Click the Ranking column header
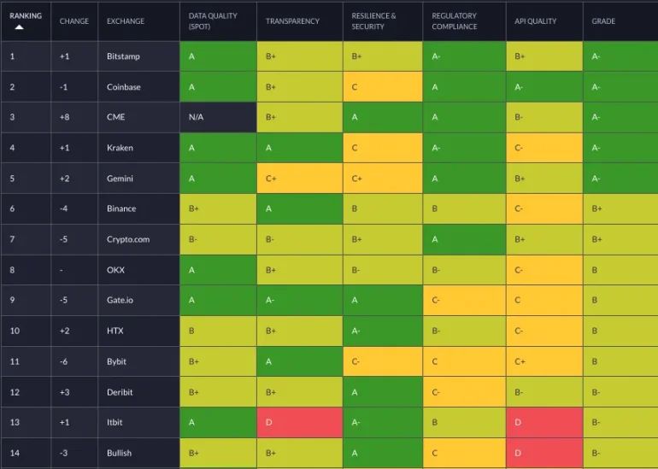[x=25, y=15]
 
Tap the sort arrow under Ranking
[x=20, y=27]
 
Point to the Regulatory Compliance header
[x=455, y=21]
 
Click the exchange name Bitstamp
[x=123, y=56]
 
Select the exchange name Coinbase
[x=124, y=87]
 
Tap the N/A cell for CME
[x=218, y=117]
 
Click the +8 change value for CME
[x=65, y=117]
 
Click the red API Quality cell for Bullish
[x=543, y=453]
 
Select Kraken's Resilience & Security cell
[x=381, y=148]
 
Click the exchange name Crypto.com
[x=128, y=239]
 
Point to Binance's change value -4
[x=65, y=208]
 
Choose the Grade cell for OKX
[x=620, y=270]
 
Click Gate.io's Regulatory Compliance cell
[x=464, y=301]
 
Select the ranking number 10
[x=15, y=331]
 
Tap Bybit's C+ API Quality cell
[x=543, y=361]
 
